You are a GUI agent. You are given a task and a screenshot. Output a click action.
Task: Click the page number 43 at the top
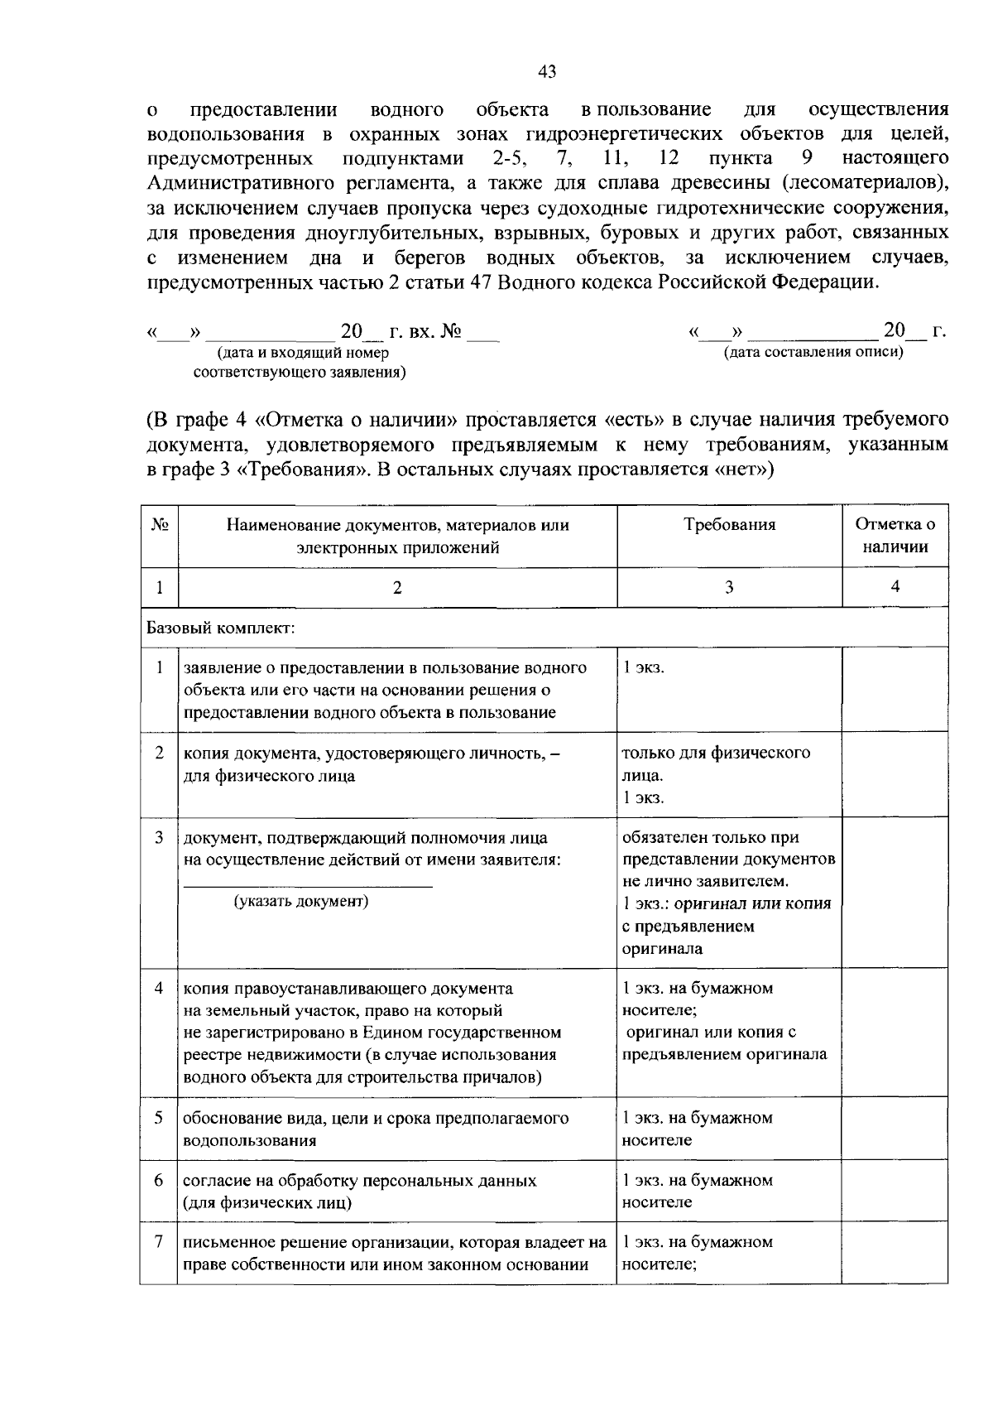coord(547,71)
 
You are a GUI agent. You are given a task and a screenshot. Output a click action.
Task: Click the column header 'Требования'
coord(729,525)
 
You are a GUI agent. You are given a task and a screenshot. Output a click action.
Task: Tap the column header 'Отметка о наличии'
coord(895,536)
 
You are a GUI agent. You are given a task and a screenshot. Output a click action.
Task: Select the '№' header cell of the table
coord(160,525)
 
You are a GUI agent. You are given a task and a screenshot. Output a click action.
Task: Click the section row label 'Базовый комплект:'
coord(221,628)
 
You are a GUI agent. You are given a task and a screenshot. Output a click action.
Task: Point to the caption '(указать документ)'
coord(301,901)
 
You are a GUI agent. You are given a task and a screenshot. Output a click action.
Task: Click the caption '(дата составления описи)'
coord(813,352)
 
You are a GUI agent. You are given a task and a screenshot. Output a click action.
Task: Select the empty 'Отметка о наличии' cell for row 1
coord(895,689)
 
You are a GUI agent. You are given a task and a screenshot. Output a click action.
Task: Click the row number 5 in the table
coord(159,1118)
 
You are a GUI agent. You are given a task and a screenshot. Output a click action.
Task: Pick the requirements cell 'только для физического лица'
coord(716,764)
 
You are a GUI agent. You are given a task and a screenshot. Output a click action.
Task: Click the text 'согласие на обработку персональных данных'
coord(359,1180)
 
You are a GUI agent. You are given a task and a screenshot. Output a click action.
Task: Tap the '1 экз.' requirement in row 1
coord(643,667)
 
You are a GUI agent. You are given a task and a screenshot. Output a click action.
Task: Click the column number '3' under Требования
coord(729,587)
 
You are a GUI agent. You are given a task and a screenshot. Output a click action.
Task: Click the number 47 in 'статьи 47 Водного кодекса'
coord(530,282)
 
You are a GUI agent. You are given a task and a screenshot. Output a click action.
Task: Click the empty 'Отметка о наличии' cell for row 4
coord(895,1033)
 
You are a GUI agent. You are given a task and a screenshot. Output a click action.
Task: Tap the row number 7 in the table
coord(159,1242)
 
